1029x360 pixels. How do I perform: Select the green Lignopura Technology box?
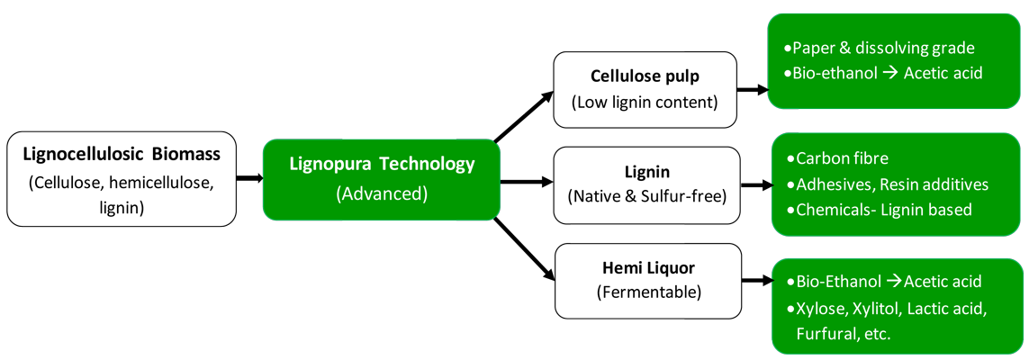click(x=381, y=178)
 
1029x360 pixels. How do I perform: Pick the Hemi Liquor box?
click(x=647, y=280)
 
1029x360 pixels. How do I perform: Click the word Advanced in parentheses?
click(x=381, y=193)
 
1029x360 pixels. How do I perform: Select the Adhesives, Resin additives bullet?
click(x=891, y=184)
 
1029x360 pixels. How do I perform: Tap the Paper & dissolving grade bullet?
click(x=883, y=48)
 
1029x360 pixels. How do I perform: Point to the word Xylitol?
click(x=885, y=308)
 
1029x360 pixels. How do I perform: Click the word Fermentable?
click(x=647, y=292)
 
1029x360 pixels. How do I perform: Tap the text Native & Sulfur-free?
click(x=646, y=195)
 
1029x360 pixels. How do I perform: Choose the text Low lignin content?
click(x=645, y=101)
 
